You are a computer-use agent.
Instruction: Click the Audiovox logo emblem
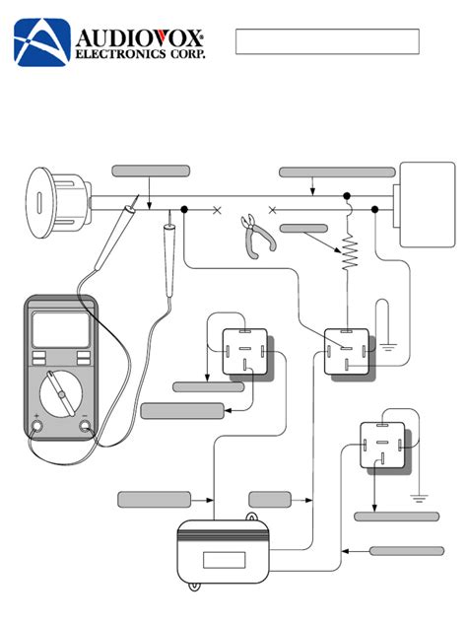[x=40, y=42]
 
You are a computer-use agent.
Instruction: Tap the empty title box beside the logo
[x=327, y=42]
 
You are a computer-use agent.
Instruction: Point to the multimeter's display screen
[x=60, y=328]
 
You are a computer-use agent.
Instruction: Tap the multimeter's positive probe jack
[x=36, y=427]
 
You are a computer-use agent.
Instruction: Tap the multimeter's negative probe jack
[x=86, y=427]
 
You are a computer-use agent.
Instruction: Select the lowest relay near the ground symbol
[x=382, y=445]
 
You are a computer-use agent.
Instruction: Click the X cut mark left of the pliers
[x=217, y=209]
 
